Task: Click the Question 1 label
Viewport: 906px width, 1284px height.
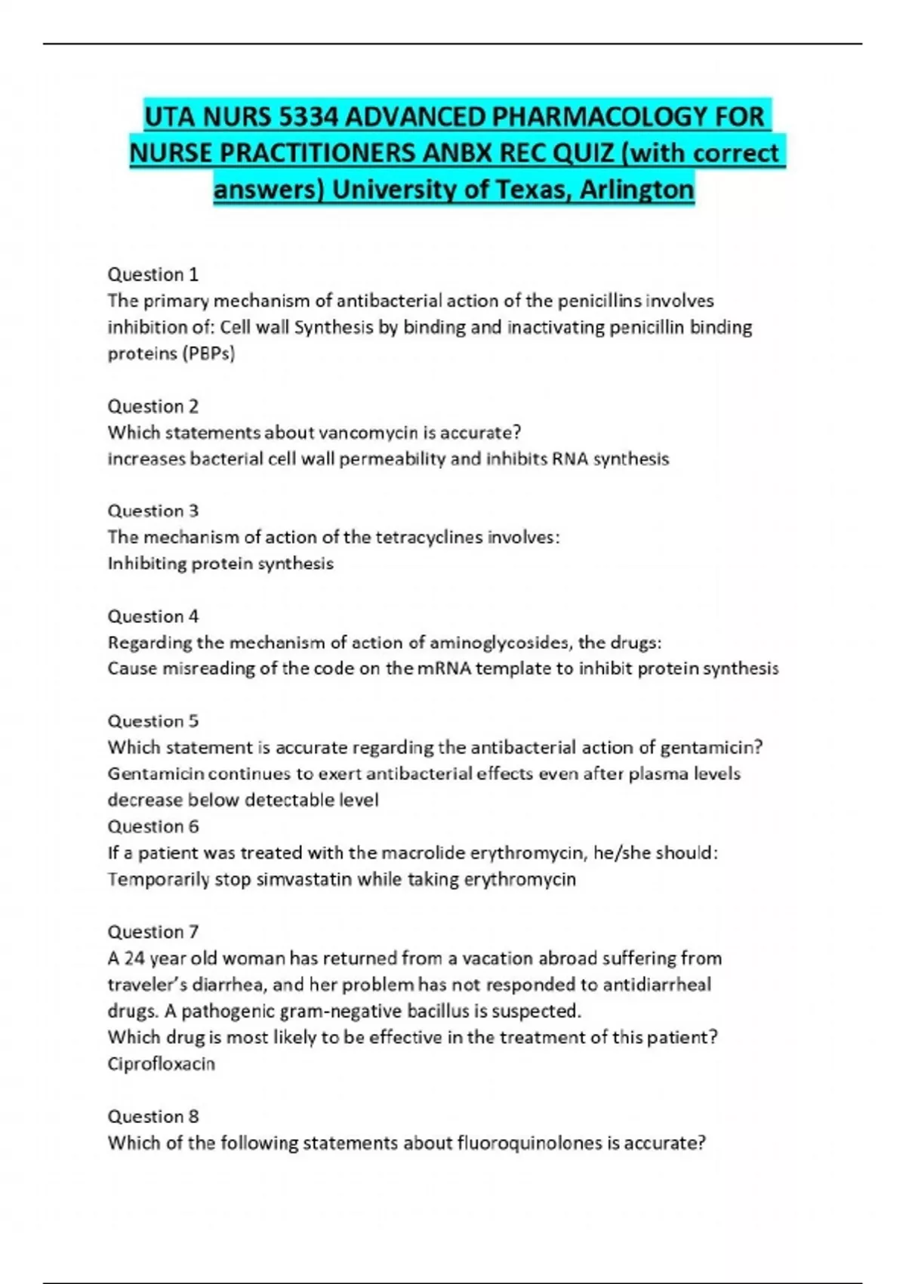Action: (x=153, y=274)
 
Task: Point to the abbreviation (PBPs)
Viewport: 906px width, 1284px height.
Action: (x=208, y=353)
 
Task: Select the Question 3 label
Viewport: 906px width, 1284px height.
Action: (x=153, y=511)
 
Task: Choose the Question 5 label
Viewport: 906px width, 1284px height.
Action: (x=153, y=721)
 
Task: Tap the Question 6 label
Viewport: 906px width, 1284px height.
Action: (x=153, y=826)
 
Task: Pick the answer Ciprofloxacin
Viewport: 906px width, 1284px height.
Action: (x=162, y=1063)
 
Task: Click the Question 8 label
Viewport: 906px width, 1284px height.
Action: (x=153, y=1116)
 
